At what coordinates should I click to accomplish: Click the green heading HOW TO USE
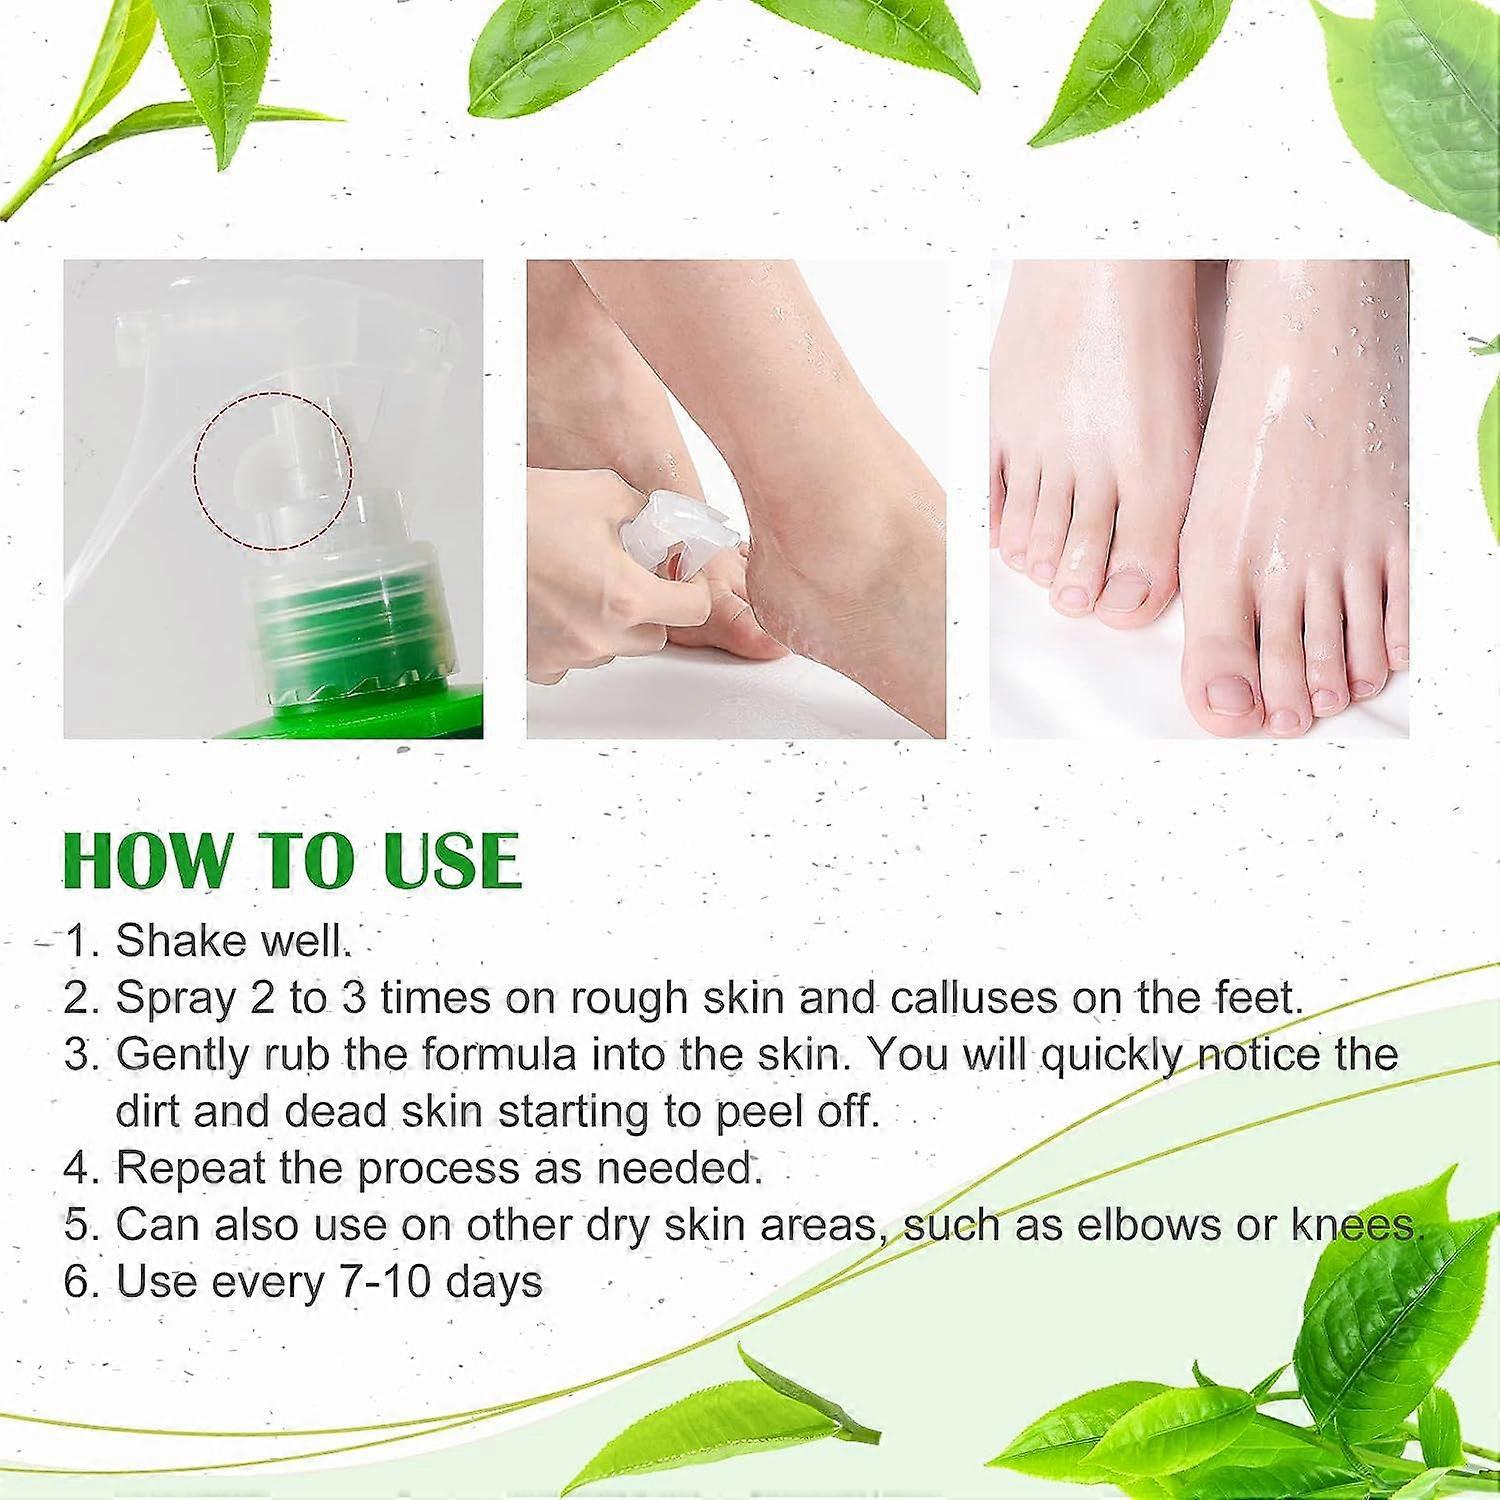292,859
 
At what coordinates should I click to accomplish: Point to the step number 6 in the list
77,1282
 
